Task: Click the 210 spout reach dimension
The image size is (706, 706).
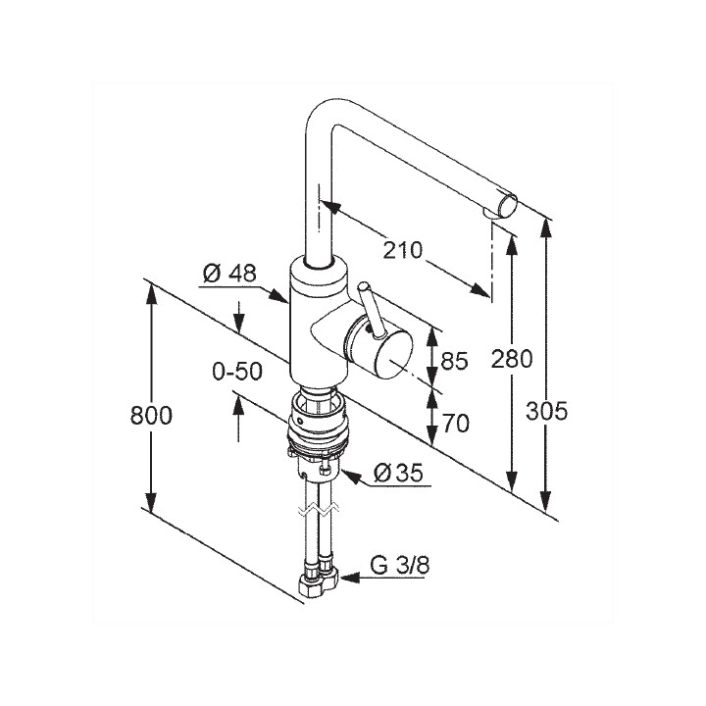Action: point(403,250)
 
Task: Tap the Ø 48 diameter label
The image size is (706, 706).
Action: point(229,274)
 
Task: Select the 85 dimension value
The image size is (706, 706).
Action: point(454,361)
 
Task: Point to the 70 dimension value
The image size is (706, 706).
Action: point(455,424)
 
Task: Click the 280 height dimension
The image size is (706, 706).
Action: point(512,359)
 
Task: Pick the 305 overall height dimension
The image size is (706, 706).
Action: point(547,411)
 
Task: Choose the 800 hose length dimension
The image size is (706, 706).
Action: point(151,416)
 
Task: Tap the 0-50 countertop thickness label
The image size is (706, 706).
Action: point(237,372)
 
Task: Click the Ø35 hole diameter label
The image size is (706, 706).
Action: point(399,473)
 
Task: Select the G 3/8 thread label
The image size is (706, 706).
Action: point(399,565)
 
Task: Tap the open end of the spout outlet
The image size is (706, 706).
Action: point(508,206)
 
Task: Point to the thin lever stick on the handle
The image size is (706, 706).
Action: point(371,310)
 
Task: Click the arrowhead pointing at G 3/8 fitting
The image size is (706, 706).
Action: point(351,578)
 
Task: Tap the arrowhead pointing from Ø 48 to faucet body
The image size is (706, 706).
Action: point(279,296)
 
